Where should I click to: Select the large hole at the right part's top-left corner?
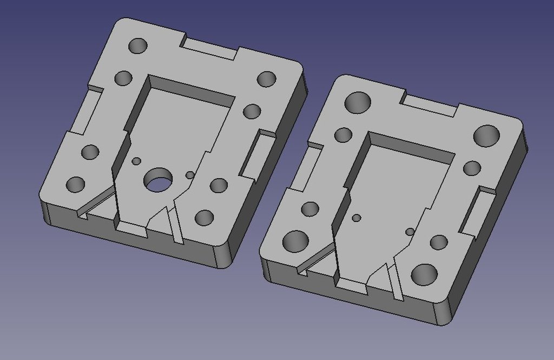point(358,102)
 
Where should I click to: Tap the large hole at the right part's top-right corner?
point(486,135)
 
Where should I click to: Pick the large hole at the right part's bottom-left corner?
point(296,241)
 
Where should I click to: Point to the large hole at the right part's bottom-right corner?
point(424,274)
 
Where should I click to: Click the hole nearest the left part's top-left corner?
point(137,46)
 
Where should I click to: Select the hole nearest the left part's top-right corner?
point(266,79)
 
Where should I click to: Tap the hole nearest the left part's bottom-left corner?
point(76,185)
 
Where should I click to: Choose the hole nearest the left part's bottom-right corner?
point(204,218)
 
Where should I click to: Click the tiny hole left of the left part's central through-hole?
point(136,161)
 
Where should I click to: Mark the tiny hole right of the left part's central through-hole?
point(190,175)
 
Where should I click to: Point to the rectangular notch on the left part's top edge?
point(210,48)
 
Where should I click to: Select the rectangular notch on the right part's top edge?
point(431,105)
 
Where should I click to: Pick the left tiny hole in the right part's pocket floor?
point(357,218)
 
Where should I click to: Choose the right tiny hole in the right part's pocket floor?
point(410,232)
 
